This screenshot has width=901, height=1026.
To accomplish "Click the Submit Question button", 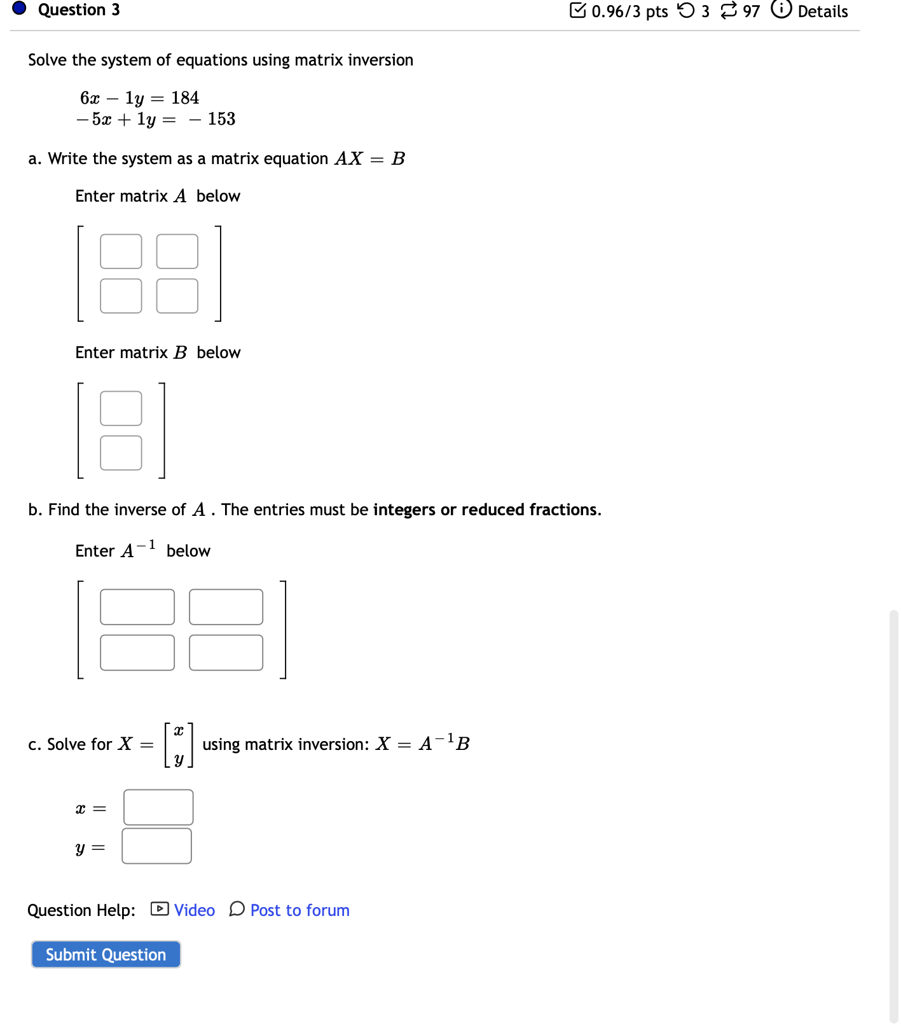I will click(x=106, y=954).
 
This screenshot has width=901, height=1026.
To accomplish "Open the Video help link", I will click(x=194, y=910).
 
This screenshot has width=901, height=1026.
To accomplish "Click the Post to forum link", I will click(x=299, y=910).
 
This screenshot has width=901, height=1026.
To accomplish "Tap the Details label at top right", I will click(x=822, y=11).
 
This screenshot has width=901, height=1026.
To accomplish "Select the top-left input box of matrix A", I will click(x=121, y=251).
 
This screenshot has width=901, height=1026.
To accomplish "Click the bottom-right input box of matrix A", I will click(x=177, y=296).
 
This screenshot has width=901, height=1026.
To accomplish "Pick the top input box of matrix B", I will click(x=121, y=408).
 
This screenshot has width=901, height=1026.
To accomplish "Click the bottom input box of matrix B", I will click(x=121, y=453).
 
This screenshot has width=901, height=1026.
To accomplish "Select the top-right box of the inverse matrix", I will click(x=226, y=607).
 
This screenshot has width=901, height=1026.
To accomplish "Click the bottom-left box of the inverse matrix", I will click(x=137, y=653).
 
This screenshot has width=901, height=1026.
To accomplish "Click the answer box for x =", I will click(x=158, y=807).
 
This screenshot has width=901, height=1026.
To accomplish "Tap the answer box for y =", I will click(x=156, y=846).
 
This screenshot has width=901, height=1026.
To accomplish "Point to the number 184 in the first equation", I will click(x=185, y=98).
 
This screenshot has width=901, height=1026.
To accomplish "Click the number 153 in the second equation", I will click(x=221, y=119).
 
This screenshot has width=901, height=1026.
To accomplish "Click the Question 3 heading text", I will click(x=79, y=10).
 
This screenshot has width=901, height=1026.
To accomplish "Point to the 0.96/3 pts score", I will click(x=629, y=11).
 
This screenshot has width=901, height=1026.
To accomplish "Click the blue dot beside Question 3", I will click(x=19, y=8).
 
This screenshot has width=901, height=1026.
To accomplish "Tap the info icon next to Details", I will click(x=781, y=10).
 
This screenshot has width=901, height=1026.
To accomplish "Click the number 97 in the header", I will click(x=751, y=11).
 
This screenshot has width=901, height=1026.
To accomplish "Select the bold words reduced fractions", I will click(x=530, y=510).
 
